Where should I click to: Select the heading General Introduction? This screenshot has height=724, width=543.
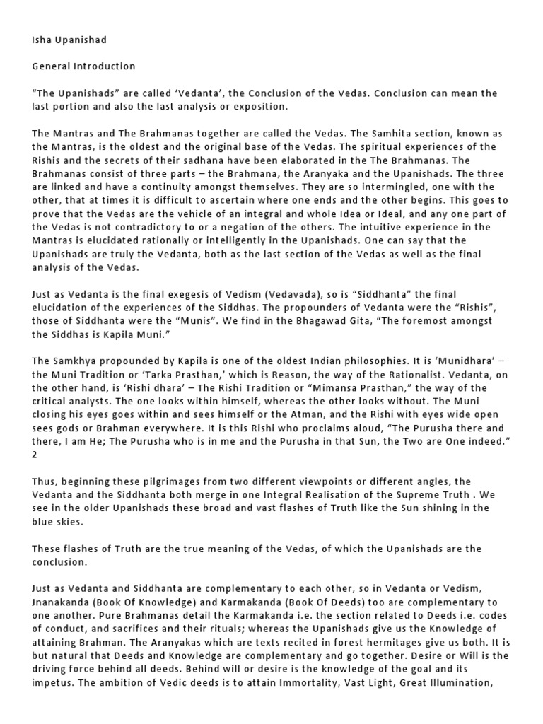(83, 66)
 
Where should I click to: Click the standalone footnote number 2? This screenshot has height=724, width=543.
(35, 455)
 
